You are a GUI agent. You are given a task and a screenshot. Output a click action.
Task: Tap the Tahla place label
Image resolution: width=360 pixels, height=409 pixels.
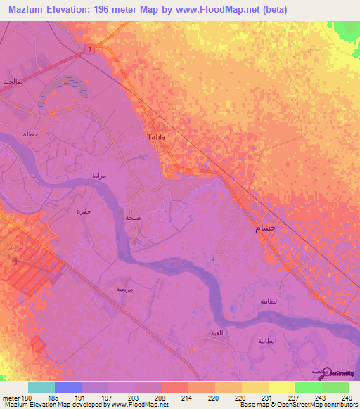156,137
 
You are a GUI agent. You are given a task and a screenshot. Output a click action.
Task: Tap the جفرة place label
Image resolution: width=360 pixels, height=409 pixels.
84,211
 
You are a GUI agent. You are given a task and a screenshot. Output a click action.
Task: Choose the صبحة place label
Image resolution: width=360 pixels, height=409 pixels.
131,219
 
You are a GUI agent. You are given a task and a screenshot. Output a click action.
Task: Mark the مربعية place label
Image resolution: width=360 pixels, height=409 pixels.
124,289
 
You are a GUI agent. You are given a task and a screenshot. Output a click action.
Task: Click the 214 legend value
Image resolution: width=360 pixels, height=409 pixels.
186,398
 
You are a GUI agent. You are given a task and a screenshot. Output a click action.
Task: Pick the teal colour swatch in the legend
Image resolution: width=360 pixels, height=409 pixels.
41,387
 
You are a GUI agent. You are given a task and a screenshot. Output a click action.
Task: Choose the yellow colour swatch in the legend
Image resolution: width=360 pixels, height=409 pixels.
281,387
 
